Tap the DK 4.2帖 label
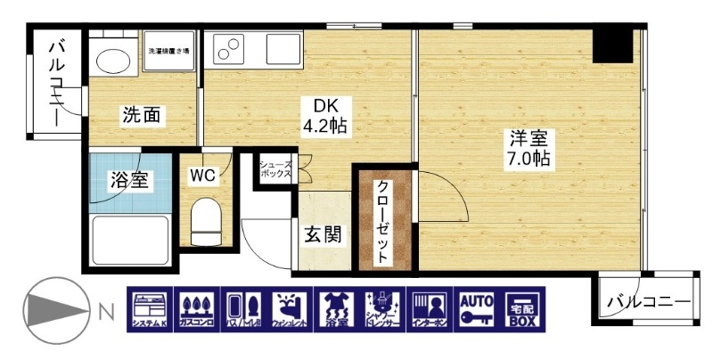point(322,116)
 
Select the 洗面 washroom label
point(142,115)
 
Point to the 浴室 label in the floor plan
point(128,179)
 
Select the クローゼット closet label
point(381,218)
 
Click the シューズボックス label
point(275,170)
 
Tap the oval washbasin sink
point(114,61)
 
